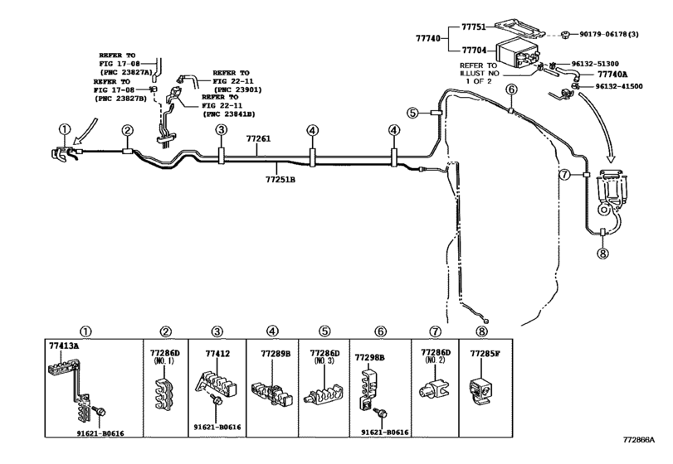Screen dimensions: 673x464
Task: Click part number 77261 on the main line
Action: (258, 139)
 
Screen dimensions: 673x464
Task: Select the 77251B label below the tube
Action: (280, 180)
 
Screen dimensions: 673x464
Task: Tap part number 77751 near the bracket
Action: (474, 27)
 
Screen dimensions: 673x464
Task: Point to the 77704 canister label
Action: (474, 50)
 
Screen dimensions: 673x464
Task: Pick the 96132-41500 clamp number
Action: (619, 86)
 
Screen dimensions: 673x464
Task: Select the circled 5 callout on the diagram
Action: (412, 114)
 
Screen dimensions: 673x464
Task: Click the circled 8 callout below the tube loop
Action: (602, 254)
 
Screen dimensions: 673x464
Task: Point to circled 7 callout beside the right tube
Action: (565, 174)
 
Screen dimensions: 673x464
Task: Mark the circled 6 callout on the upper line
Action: (511, 89)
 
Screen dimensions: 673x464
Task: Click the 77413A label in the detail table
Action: (64, 346)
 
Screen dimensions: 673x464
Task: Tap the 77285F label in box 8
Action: (485, 354)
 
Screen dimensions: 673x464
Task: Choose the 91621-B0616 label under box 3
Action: (217, 428)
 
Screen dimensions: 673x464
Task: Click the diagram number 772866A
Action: (640, 440)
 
